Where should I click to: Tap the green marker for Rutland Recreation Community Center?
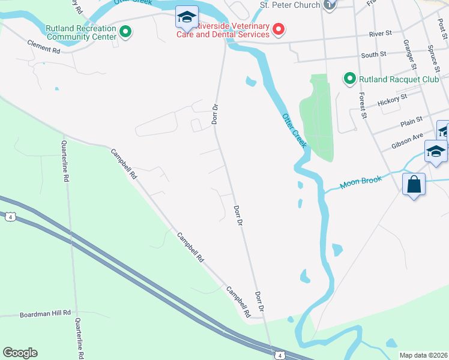125,31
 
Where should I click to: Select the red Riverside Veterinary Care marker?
279,29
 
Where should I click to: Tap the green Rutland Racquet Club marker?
349,79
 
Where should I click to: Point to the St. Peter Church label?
290,5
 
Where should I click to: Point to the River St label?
381,35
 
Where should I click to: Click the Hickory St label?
392,100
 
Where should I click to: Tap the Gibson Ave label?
408,142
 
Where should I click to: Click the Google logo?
20,353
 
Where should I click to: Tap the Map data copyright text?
424,355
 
